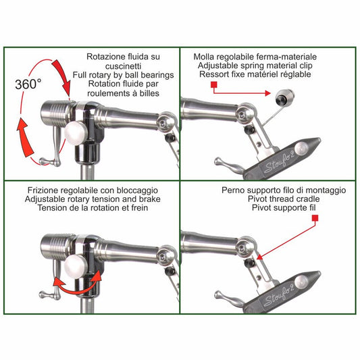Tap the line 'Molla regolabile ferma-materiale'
pyautogui.click(x=255, y=57)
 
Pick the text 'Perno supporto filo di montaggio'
pyautogui.click(x=280, y=190)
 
